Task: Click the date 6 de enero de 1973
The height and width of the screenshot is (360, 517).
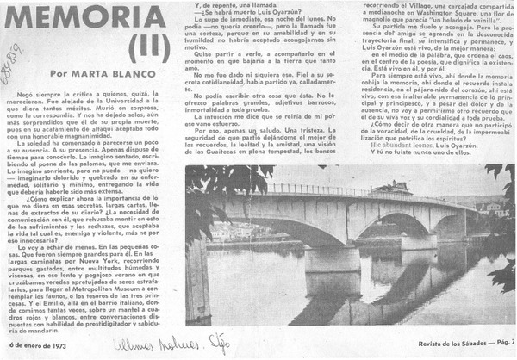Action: click(x=35, y=344)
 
